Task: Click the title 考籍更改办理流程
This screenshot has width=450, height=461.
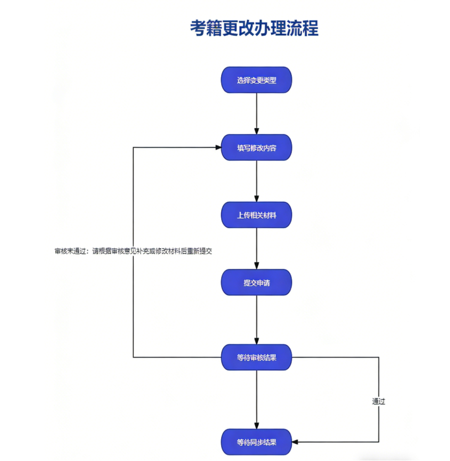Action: click(254, 28)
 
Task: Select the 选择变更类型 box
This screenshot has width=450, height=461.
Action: click(257, 80)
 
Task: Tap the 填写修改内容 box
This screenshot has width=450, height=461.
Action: click(257, 148)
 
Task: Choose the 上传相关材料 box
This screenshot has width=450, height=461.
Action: click(257, 215)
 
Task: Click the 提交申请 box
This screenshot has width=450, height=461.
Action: click(257, 282)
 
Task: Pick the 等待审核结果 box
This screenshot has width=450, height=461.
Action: click(257, 358)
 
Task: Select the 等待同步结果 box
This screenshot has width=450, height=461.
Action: click(257, 442)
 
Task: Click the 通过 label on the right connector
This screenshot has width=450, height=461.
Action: click(379, 401)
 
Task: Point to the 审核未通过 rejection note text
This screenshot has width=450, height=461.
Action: click(133, 251)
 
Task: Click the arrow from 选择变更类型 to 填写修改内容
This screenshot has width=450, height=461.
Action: click(257, 114)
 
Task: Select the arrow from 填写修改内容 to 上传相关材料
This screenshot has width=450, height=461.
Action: click(257, 181)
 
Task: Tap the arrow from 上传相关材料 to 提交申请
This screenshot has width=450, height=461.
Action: click(257, 249)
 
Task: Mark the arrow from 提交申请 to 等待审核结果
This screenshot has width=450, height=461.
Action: click(257, 320)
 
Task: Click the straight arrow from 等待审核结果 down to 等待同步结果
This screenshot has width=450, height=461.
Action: click(257, 400)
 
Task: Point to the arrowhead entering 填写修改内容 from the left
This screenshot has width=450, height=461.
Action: click(218, 147)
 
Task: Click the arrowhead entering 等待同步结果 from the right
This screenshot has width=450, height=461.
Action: click(295, 442)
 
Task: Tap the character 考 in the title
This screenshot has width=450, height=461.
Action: click(198, 28)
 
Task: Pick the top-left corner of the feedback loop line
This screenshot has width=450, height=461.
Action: click(133, 147)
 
